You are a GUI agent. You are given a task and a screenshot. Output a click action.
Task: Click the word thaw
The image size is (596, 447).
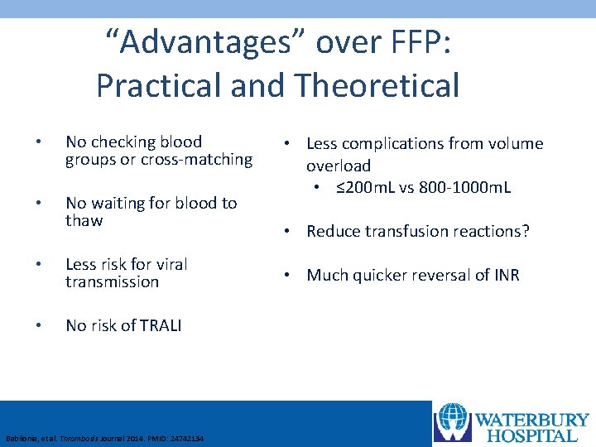click(84, 220)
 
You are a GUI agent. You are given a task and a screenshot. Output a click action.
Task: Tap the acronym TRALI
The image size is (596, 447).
click(160, 325)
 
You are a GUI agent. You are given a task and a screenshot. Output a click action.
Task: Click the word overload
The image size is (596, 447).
click(339, 166)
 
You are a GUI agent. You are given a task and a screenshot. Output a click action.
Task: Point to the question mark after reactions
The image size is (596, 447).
click(524, 231)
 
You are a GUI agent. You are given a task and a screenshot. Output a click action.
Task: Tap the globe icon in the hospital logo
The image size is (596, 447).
click(452, 422)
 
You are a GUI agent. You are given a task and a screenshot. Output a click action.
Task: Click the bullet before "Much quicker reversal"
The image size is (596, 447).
click(296, 275)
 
